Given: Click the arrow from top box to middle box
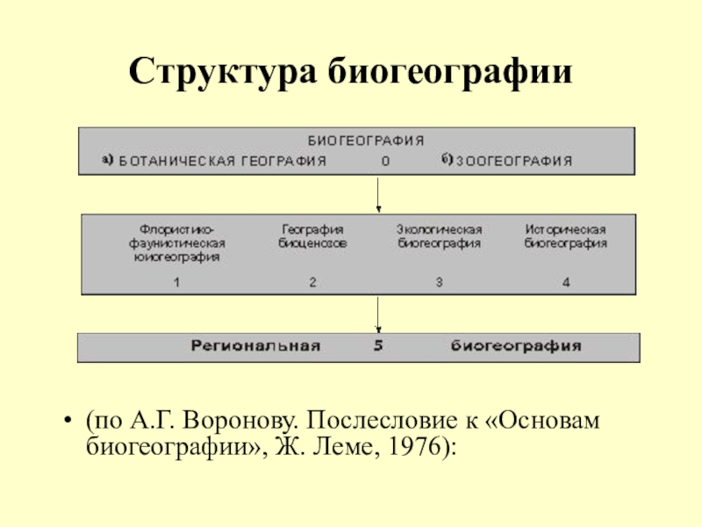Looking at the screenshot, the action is coord(378,193).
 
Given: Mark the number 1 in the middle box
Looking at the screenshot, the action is coord(176,282).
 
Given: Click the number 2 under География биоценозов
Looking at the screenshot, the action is coord(312,282).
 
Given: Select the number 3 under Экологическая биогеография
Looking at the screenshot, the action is coord(439,282).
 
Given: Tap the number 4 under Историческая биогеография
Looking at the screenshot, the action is coord(566,282).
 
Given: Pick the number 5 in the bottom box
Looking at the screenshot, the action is coord(378,346).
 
